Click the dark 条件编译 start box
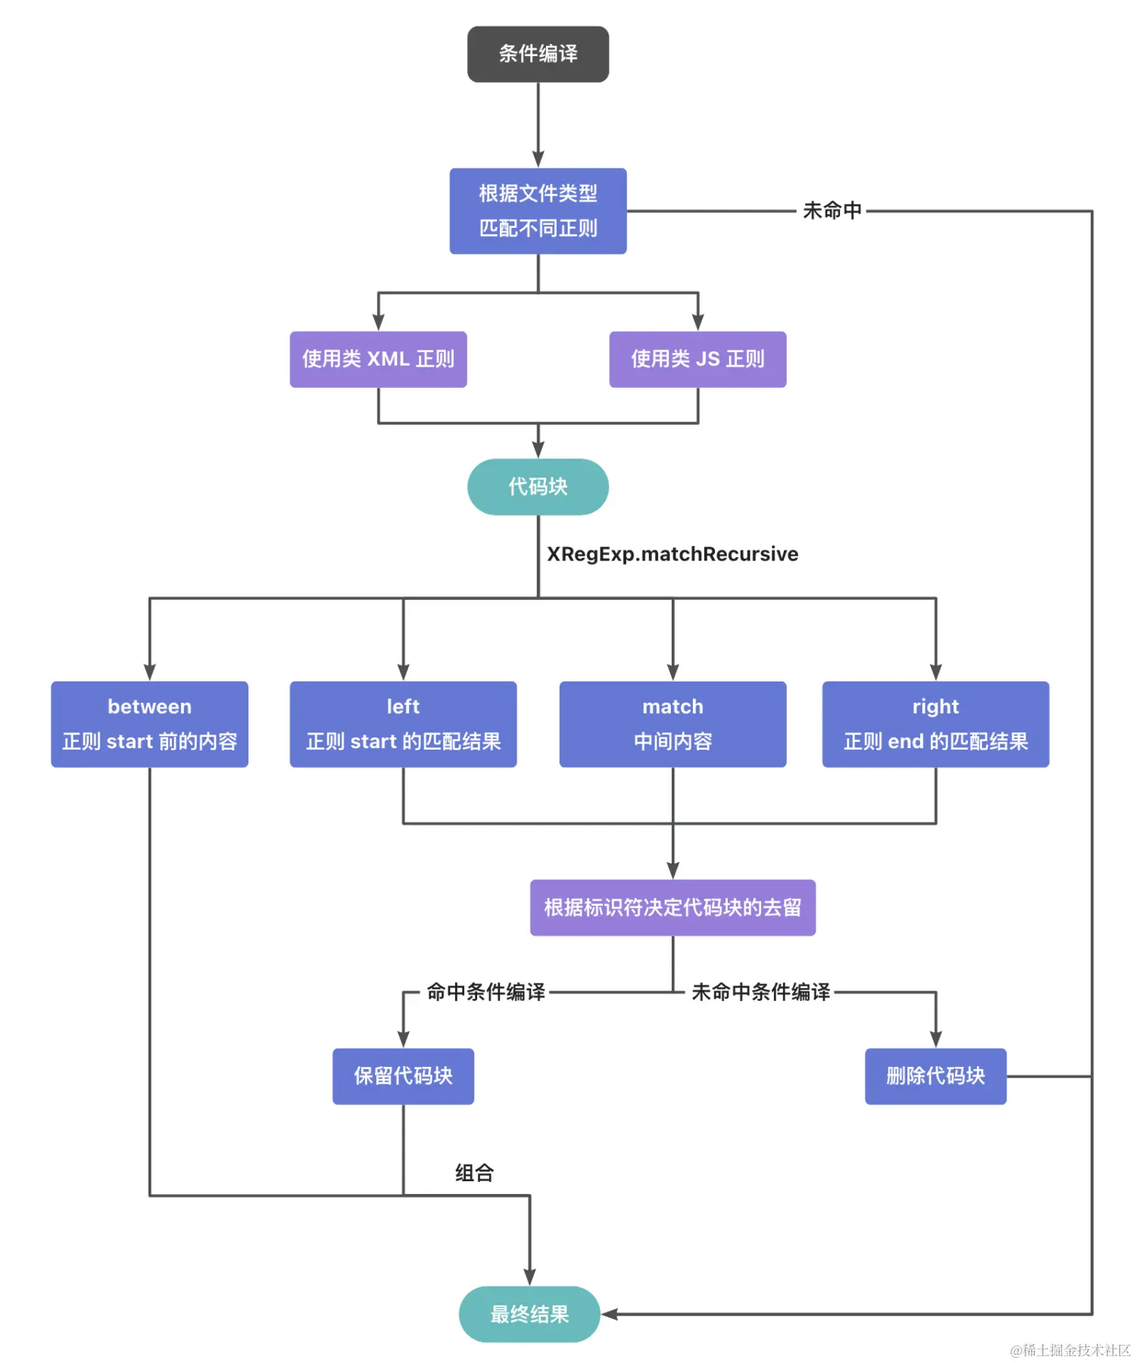pyautogui.click(x=538, y=55)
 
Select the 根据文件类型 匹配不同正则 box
pyautogui.click(x=538, y=211)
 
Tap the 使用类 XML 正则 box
pyautogui.click(x=378, y=360)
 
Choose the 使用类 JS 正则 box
pyautogui.click(x=698, y=360)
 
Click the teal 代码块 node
pyautogui.click(x=538, y=487)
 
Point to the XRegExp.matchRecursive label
pyautogui.click(x=673, y=554)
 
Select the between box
pyautogui.click(x=149, y=725)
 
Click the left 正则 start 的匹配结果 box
pyautogui.click(x=403, y=725)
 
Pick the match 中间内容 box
pyautogui.click(x=673, y=725)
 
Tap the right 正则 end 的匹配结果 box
pyautogui.click(x=935, y=725)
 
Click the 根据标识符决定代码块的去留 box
pyautogui.click(x=673, y=908)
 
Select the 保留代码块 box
pyautogui.click(x=403, y=1076)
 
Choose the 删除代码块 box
pyautogui.click(x=935, y=1076)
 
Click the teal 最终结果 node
pyautogui.click(x=529, y=1315)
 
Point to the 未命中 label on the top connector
pyautogui.click(x=832, y=211)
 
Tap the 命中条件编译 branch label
pyautogui.click(x=485, y=992)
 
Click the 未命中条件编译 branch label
pyautogui.click(x=760, y=992)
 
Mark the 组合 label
pyautogui.click(x=474, y=1173)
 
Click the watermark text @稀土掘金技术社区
pyautogui.click(x=1069, y=1350)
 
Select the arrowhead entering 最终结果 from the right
pyautogui.click(x=609, y=1315)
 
